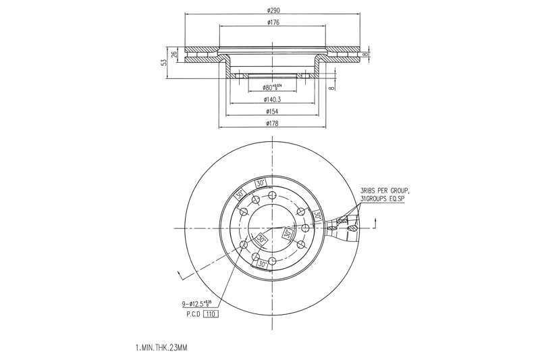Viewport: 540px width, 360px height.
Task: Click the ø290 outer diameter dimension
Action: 273,10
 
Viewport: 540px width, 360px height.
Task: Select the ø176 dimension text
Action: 273,22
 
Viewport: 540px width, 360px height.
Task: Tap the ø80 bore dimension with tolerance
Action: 274,87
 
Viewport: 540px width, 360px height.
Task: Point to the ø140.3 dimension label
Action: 273,99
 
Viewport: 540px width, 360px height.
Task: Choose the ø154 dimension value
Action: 273,111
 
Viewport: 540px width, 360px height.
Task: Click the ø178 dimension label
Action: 273,123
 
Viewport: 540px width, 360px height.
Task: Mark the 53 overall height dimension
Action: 163,62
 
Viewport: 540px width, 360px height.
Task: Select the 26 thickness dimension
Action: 174,54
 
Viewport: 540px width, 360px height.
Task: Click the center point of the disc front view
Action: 272,228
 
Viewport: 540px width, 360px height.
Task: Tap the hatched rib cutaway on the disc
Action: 344,226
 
